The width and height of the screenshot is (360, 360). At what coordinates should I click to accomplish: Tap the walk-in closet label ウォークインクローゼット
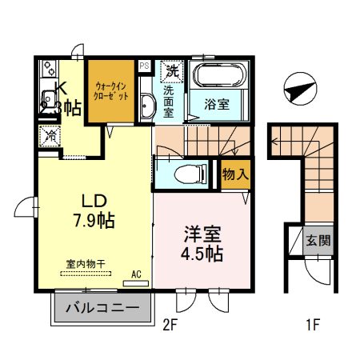(x=111, y=89)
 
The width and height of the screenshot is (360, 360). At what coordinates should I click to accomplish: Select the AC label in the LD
(x=136, y=274)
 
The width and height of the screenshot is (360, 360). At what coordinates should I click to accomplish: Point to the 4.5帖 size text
(x=202, y=254)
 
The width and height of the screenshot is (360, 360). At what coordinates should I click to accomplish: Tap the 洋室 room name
(x=202, y=234)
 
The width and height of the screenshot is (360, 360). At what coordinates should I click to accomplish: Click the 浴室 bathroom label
(x=216, y=104)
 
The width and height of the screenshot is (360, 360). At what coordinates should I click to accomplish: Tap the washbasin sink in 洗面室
(x=146, y=107)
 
